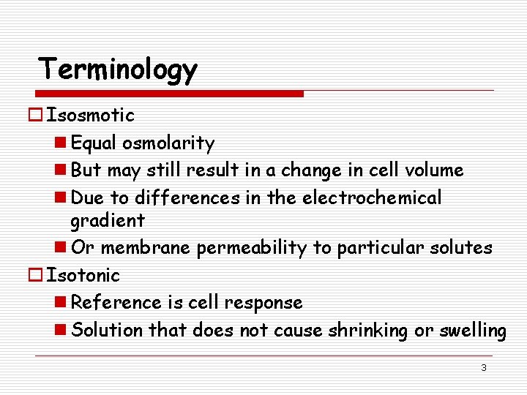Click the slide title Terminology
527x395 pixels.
pyautogui.click(x=118, y=69)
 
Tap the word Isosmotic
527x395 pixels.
pyautogui.click(x=90, y=115)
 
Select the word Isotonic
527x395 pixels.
pyautogui.click(x=83, y=275)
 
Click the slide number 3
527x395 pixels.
pyautogui.click(x=483, y=367)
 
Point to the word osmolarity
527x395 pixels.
pyautogui.click(x=168, y=143)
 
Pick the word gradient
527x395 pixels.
pyautogui.click(x=108, y=220)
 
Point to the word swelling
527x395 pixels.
pyautogui.click(x=472, y=330)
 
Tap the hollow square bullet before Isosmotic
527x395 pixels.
pyautogui.click(x=37, y=115)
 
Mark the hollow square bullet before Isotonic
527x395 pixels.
pyautogui.click(x=37, y=275)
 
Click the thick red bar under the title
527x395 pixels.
pyautogui.click(x=169, y=94)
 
